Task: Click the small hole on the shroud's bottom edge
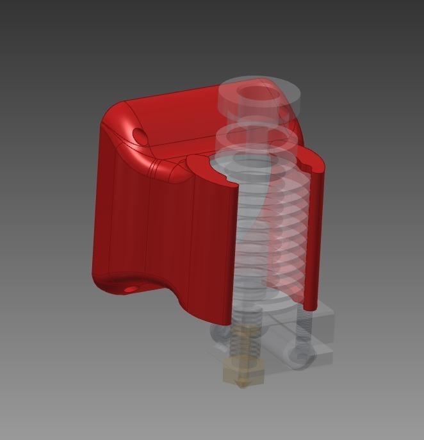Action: click(x=131, y=289)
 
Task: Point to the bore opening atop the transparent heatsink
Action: click(x=256, y=92)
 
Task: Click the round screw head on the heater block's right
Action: click(x=298, y=356)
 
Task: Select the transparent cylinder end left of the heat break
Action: click(x=219, y=333)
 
